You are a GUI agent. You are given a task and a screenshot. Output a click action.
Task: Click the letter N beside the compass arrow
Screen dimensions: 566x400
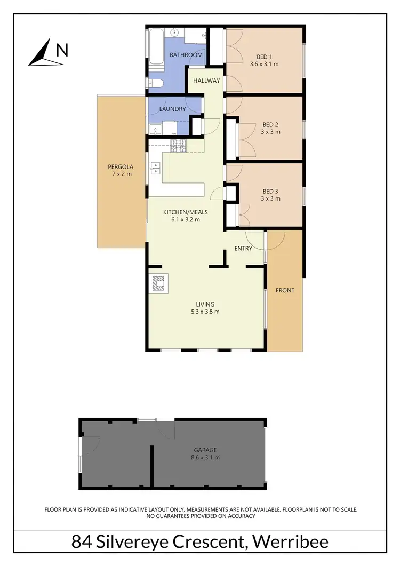(x=62, y=50)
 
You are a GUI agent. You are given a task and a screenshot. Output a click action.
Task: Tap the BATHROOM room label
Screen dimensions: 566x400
(x=186, y=55)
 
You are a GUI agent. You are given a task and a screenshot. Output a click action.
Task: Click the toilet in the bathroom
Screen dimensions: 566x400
(x=154, y=83)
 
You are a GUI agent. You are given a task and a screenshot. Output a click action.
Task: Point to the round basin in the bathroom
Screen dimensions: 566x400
(x=175, y=31)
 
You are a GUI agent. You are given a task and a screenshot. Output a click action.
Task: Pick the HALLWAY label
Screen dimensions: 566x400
(x=206, y=81)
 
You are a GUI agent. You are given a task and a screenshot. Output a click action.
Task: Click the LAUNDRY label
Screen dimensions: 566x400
(x=173, y=109)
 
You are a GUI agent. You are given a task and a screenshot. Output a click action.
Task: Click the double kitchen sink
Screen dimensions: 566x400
(x=155, y=169)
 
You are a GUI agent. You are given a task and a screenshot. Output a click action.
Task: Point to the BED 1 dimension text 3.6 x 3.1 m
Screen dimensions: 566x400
(x=264, y=64)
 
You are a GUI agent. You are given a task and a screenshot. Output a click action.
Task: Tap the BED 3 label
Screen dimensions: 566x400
(x=270, y=191)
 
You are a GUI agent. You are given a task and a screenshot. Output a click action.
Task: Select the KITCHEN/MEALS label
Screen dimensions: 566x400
(x=185, y=212)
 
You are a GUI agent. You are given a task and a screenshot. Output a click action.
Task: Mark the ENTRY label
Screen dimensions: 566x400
(x=243, y=248)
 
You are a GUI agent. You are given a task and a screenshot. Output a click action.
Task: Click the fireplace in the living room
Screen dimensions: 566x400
(x=158, y=283)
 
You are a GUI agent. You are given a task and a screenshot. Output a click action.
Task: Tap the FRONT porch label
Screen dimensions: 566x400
(x=285, y=290)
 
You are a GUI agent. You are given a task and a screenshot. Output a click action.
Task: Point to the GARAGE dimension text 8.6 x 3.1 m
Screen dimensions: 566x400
(x=205, y=457)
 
